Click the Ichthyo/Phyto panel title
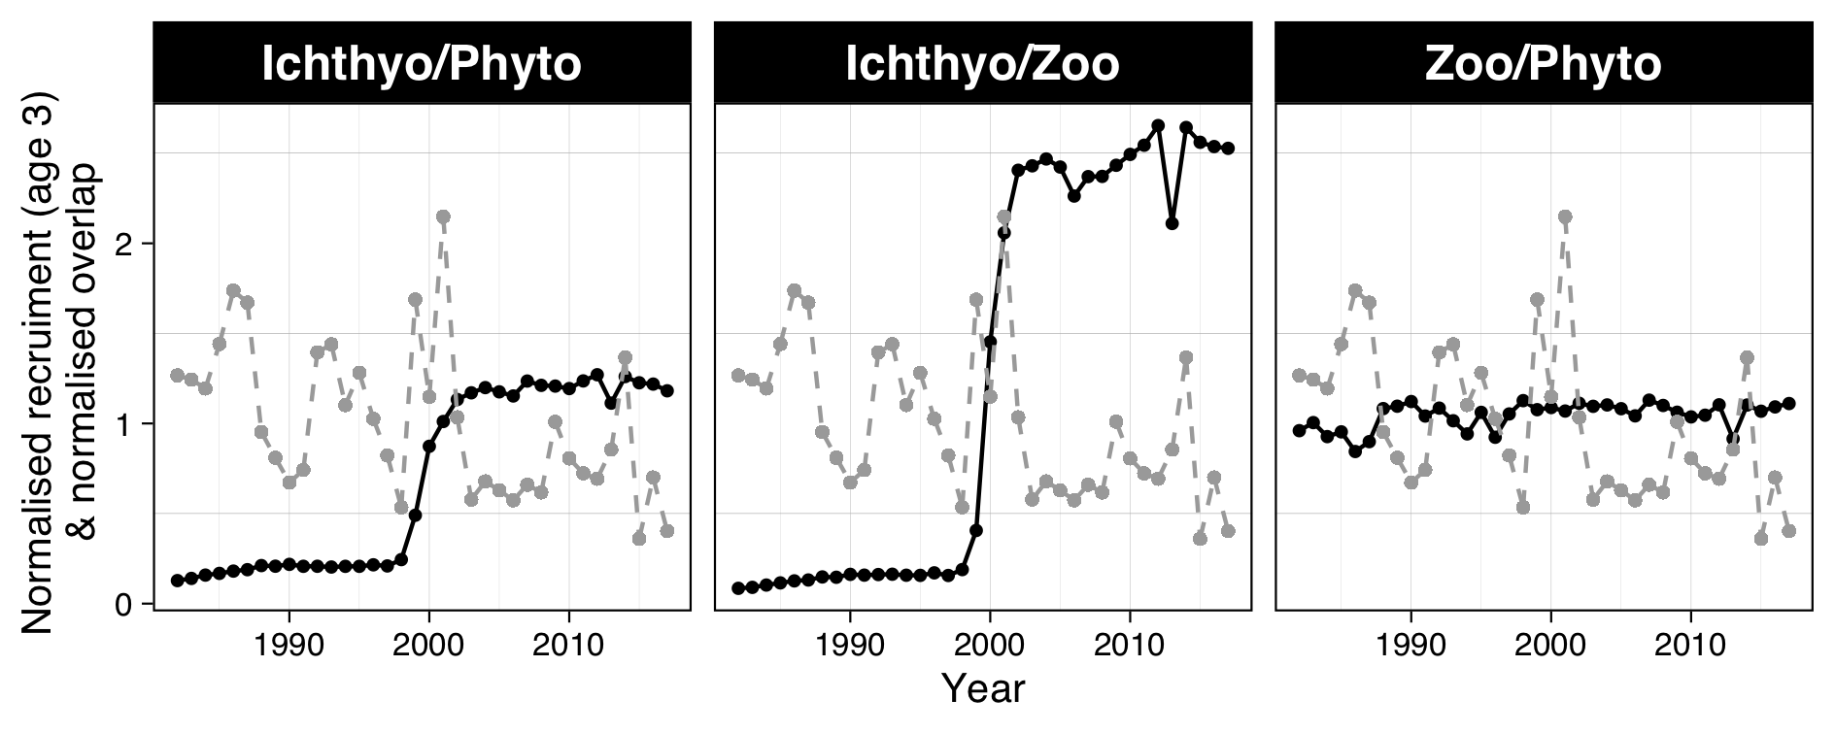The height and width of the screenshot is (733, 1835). (422, 64)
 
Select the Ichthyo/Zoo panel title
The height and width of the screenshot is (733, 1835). (982, 64)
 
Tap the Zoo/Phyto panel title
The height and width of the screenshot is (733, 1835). (1543, 64)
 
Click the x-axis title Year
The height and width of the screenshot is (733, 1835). (982, 688)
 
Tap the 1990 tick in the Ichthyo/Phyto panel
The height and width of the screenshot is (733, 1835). (289, 645)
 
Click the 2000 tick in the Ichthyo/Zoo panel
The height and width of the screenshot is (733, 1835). (990, 645)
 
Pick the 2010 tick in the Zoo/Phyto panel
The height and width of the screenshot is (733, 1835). (1691, 645)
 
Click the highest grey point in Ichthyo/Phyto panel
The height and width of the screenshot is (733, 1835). (443, 217)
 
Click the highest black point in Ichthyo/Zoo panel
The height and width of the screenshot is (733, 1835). (1158, 125)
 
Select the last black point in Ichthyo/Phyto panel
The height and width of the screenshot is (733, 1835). (667, 390)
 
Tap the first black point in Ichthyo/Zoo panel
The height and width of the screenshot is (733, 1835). (738, 588)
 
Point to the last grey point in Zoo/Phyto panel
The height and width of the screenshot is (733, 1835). (1789, 531)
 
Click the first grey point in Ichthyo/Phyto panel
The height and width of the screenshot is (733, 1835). (177, 375)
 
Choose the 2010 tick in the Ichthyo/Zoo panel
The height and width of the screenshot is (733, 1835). (1130, 645)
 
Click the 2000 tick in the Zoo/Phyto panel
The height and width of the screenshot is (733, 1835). (1550, 645)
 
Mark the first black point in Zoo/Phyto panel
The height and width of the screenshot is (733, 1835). (1299, 430)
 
